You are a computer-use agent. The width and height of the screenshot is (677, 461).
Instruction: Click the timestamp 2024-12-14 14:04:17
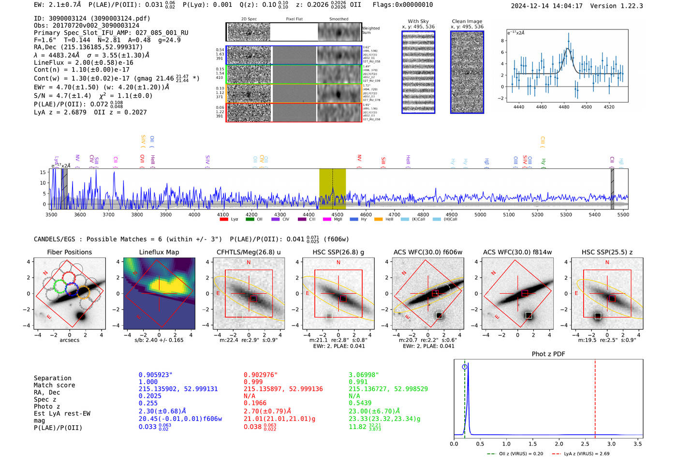point(546,6)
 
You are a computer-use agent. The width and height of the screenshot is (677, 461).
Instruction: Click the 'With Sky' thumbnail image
point(418,72)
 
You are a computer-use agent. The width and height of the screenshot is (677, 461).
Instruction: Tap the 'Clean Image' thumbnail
point(467,72)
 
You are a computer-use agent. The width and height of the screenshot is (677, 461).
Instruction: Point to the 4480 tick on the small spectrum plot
point(564,106)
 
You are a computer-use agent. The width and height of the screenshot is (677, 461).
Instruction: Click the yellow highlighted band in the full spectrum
point(332,189)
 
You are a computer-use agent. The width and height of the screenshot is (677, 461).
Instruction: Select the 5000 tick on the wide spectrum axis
point(480,214)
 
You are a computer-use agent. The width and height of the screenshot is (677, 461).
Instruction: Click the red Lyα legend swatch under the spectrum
point(224,219)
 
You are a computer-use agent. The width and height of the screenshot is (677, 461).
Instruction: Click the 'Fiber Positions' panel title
point(69,252)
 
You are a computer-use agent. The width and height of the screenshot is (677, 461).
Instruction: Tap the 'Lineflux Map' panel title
point(159,252)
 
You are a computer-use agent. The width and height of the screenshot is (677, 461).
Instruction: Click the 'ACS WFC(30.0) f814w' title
point(517,252)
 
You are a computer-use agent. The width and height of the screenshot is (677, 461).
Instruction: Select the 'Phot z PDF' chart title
point(548,354)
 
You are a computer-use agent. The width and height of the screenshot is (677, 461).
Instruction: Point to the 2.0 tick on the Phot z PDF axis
point(559,444)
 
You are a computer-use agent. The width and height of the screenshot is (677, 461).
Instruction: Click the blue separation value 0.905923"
point(155,375)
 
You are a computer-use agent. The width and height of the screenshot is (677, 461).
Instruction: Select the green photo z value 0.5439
point(360,403)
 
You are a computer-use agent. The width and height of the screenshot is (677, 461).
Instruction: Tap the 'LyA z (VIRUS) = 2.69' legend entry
point(586,454)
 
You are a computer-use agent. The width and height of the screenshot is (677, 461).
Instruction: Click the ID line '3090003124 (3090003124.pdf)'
point(92,18)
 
